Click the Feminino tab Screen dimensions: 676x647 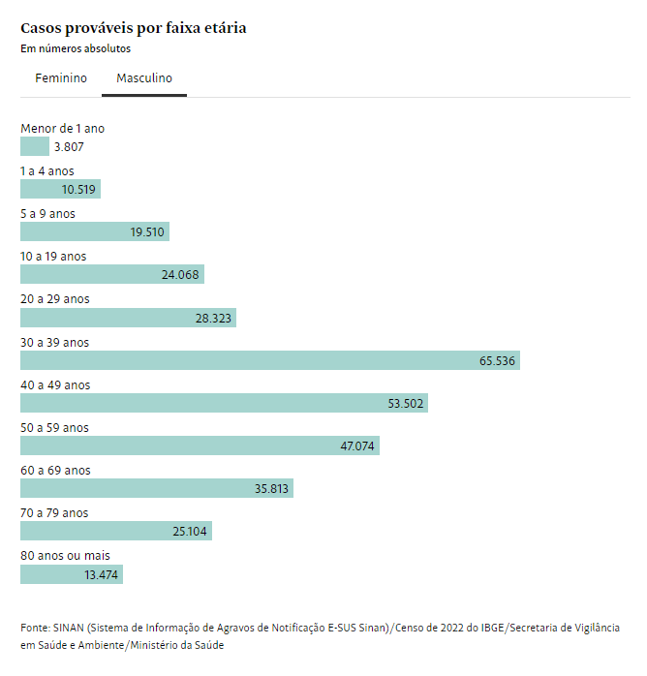pos(61,78)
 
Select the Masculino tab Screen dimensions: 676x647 pos(144,78)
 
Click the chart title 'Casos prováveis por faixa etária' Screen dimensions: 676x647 pos(134,28)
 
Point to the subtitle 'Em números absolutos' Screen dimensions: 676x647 pos(76,48)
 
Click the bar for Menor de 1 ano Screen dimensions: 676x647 pos(35,146)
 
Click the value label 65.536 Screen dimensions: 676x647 pos(498,361)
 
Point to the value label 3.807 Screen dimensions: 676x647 pos(70,147)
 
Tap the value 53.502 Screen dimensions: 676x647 pos(406,404)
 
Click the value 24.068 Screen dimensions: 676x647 pos(180,275)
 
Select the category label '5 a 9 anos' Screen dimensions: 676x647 pos(47,214)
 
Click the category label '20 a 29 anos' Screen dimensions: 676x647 pos(54,299)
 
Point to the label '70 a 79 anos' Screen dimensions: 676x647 pos(54,513)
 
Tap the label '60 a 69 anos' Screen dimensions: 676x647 pos(55,471)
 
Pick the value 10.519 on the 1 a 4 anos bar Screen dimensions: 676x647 pos(78,190)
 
